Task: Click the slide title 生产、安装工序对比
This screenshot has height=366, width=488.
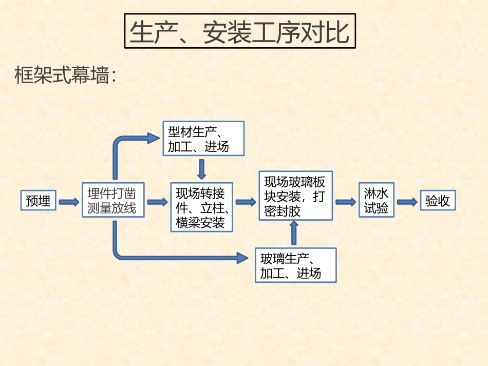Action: coord(239,32)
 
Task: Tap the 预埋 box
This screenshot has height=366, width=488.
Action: coord(39,201)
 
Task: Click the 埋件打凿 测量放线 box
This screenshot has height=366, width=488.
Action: coord(112,200)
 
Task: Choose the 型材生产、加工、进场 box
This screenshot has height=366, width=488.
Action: coord(203,139)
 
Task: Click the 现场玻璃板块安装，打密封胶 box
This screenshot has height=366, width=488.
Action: coord(295,196)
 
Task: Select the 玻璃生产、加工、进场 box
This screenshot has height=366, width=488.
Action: coord(295,265)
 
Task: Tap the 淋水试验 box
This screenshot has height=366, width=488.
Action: coord(376,201)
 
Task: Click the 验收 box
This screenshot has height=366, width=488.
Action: coord(438,201)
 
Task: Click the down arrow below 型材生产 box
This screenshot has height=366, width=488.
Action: coord(201,169)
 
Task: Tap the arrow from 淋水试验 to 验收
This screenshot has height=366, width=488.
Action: coord(407,202)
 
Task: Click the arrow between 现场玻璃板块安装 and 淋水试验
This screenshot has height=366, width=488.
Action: coord(346,202)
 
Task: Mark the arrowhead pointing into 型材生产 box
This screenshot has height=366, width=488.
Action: coord(154,138)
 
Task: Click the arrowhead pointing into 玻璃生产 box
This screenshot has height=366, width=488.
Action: coord(242,258)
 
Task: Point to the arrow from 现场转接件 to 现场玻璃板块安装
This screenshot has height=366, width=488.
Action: coord(246,202)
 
